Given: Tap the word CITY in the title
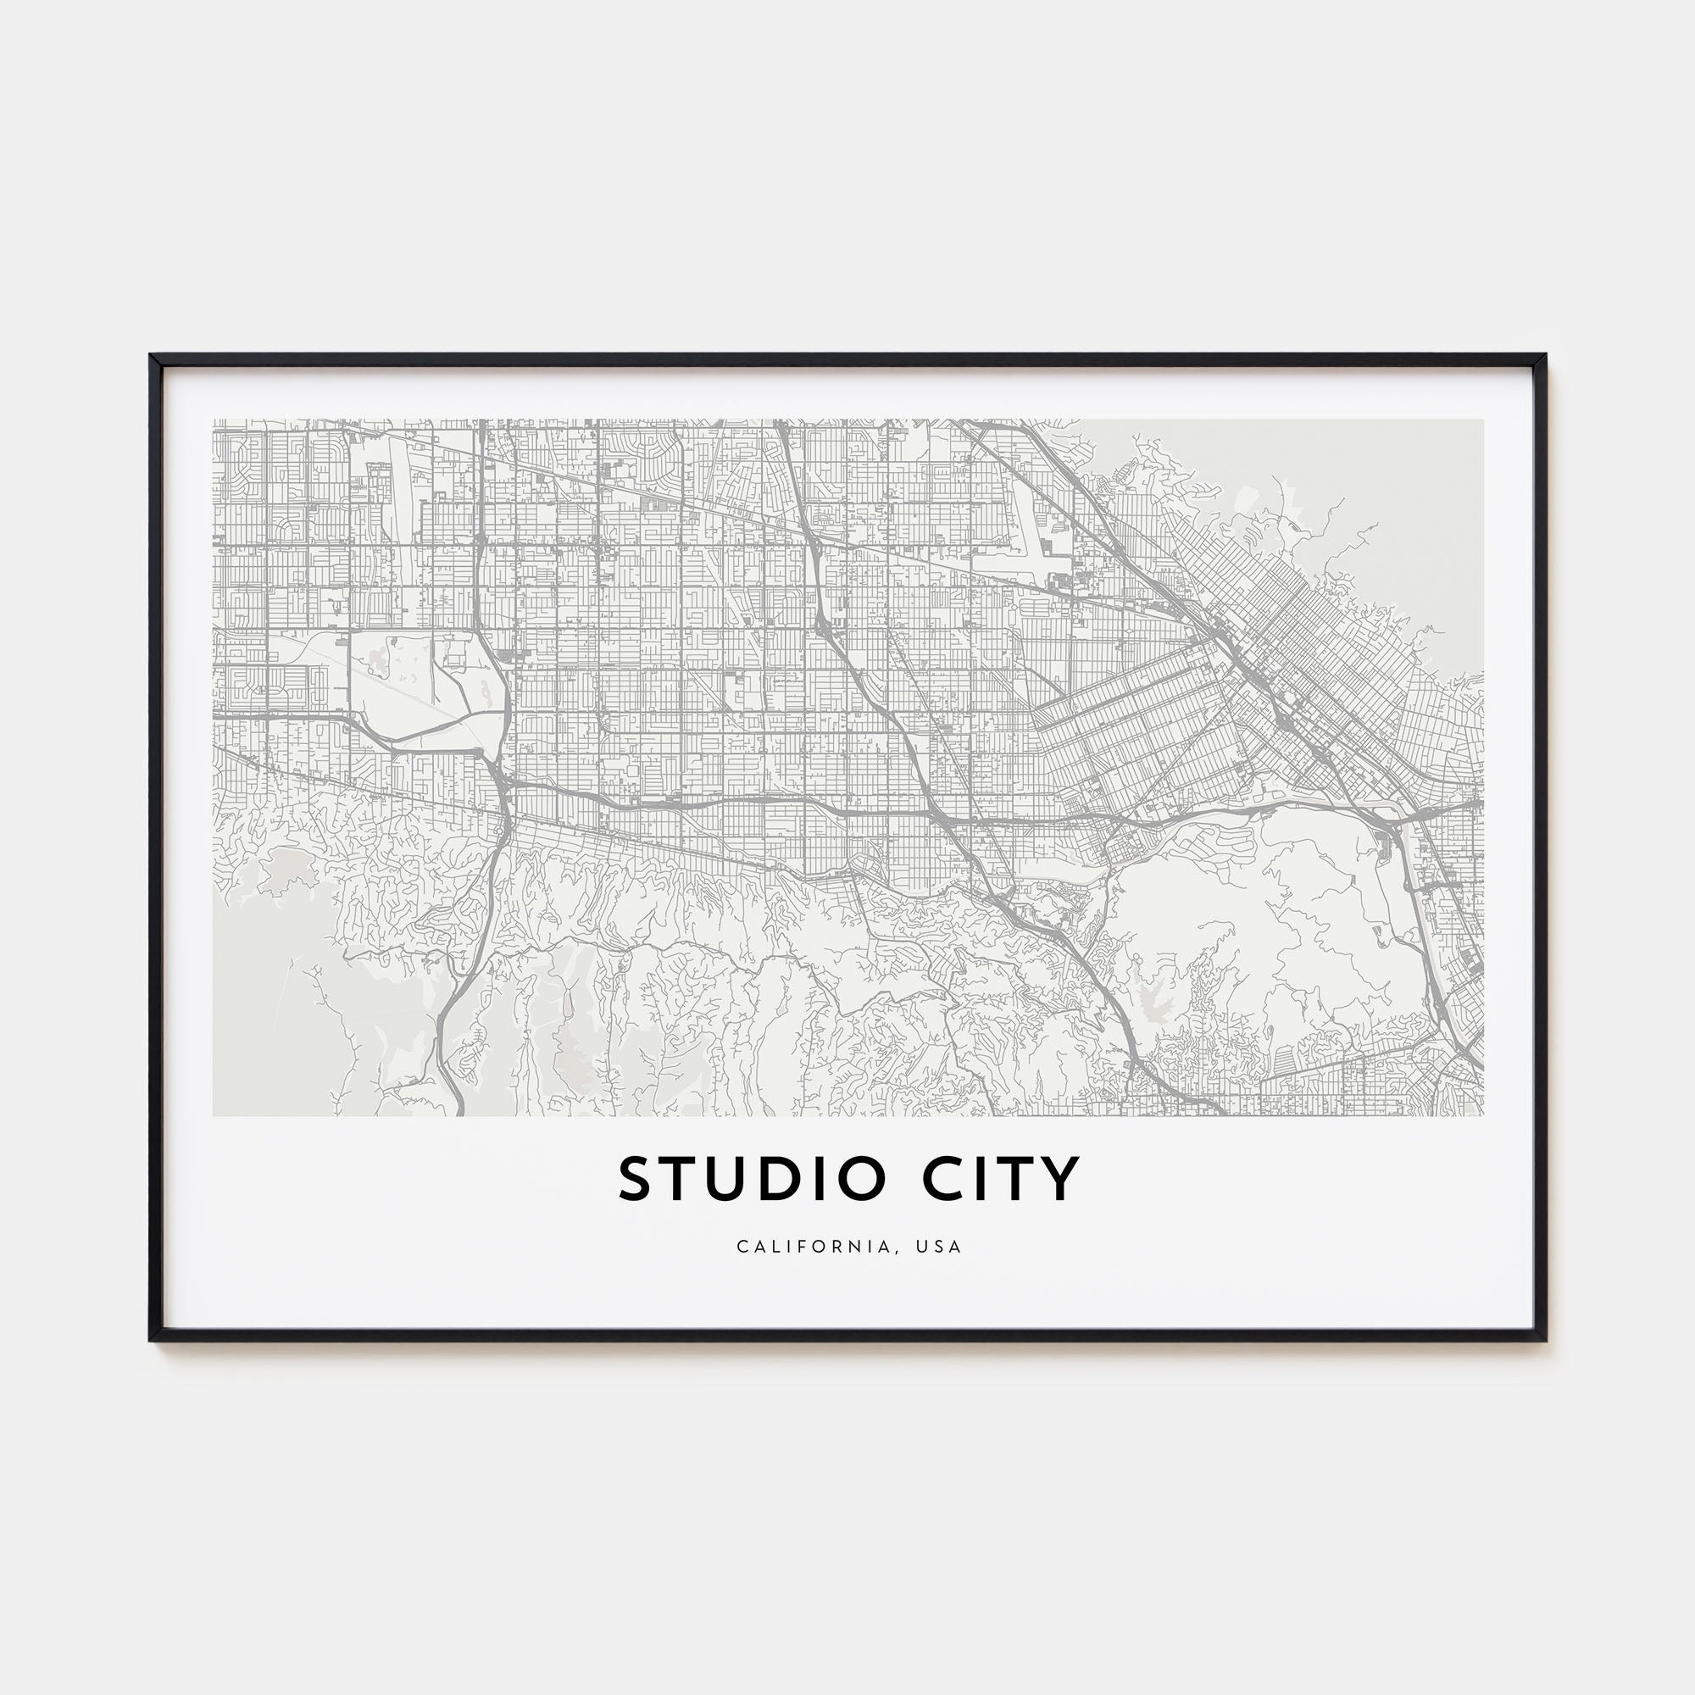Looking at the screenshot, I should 1000,1179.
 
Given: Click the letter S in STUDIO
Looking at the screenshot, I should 637,1179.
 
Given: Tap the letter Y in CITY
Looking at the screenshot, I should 1063,1179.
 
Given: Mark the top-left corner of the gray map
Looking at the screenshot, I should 214,420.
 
